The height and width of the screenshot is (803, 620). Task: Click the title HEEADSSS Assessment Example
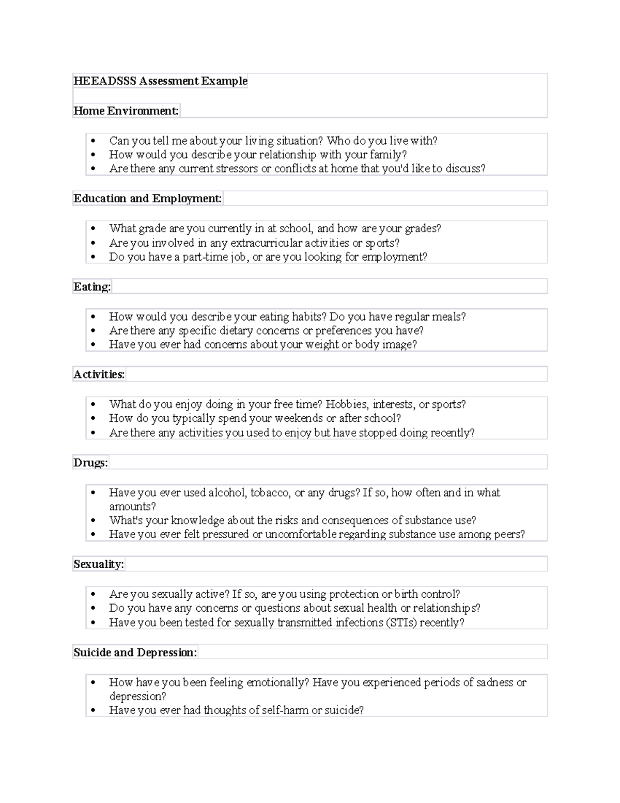(160, 81)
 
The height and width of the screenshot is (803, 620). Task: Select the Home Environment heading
(126, 111)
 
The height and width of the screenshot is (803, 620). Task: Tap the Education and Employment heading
(147, 199)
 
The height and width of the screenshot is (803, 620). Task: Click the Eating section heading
(92, 287)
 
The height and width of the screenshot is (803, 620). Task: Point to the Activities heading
(99, 375)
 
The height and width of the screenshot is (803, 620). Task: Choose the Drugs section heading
(90, 463)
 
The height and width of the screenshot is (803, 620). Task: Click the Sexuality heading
(98, 564)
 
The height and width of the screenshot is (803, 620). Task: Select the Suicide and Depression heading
(135, 653)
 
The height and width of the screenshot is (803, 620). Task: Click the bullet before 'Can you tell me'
(93, 141)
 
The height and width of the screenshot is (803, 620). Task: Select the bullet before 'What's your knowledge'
(93, 521)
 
